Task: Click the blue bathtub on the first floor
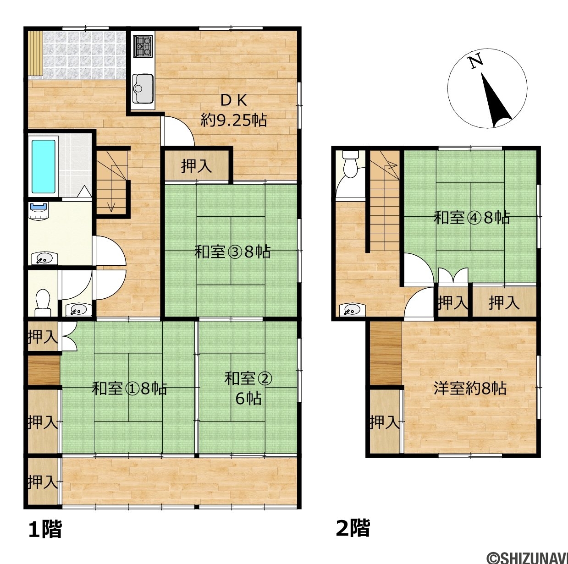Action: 44,166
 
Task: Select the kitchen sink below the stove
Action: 143,88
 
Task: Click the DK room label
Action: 234,101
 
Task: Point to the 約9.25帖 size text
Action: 234,120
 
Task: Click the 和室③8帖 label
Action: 232,252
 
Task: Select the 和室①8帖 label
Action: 129,389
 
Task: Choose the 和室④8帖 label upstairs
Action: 472,218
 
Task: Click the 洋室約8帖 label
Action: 470,389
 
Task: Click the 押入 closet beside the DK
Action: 196,166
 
